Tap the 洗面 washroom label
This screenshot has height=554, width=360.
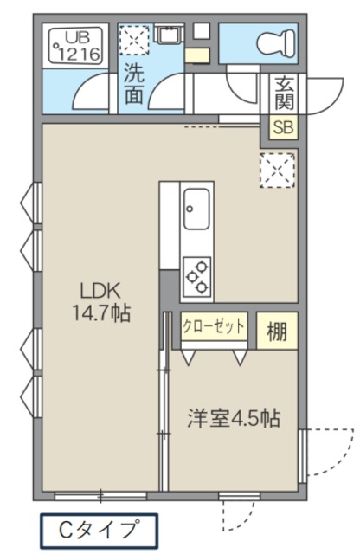click(134, 83)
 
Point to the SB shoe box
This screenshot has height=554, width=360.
click(282, 126)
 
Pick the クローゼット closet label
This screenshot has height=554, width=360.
click(214, 326)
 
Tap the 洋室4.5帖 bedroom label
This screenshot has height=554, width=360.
click(234, 419)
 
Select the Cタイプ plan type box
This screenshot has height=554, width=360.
click(100, 527)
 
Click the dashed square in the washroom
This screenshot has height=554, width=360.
click(134, 40)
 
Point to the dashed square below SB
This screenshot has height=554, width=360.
click(278, 168)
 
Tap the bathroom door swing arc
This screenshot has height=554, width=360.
click(89, 88)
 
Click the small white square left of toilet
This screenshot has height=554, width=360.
click(201, 30)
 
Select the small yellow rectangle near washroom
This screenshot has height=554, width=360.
click(196, 56)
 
